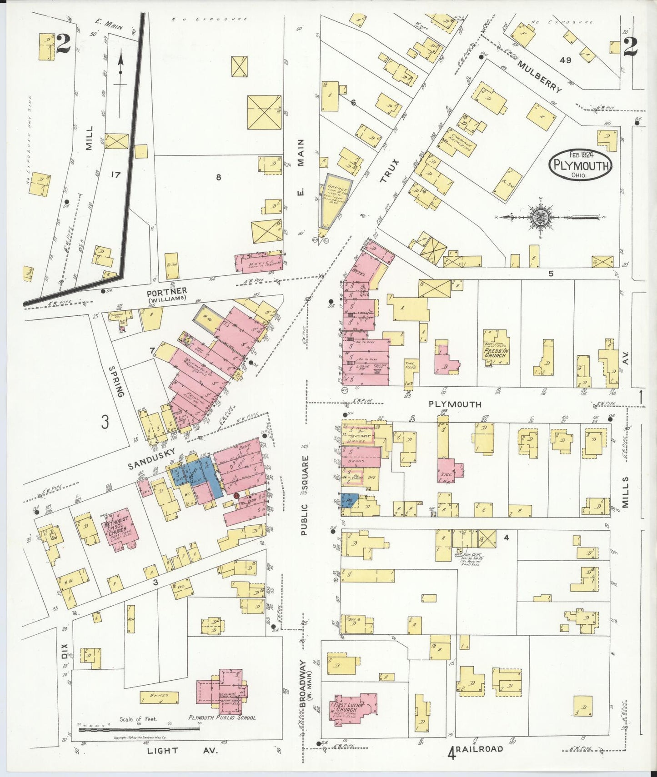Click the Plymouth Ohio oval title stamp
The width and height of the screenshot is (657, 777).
[580, 165]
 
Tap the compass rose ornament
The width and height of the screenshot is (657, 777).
[542, 218]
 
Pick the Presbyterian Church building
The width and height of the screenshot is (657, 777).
[496, 347]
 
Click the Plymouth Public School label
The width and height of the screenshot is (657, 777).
[222, 717]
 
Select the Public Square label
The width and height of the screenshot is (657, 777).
[305, 495]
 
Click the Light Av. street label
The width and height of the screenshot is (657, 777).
[182, 751]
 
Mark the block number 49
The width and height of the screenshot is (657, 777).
[565, 60]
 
